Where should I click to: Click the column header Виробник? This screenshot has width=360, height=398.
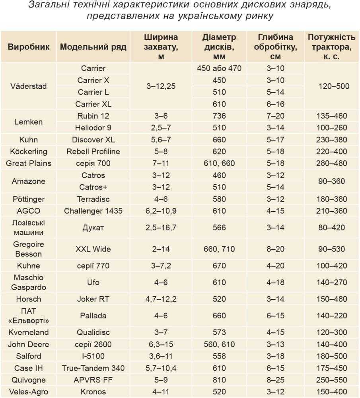[x=29, y=47]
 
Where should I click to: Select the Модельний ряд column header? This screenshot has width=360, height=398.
[x=93, y=47]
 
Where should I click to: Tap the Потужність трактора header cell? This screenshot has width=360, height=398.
[x=332, y=47]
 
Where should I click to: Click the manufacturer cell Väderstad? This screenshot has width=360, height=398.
[x=29, y=86]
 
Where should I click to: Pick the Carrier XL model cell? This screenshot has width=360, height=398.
[x=93, y=104]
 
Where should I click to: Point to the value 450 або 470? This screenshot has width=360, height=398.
[x=219, y=68]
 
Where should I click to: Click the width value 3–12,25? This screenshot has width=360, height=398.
[x=161, y=86]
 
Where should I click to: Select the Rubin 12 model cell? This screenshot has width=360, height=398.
[x=93, y=116]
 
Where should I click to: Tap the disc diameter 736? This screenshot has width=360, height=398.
[x=219, y=116]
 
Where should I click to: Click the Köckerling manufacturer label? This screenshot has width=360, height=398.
[x=29, y=152]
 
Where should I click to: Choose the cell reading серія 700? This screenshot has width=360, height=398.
[x=93, y=163]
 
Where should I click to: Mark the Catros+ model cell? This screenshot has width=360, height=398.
[x=93, y=187]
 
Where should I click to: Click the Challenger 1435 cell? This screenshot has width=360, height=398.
[x=93, y=211]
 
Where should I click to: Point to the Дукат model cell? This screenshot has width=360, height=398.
[x=93, y=228]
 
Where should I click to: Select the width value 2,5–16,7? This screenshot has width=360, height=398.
[x=161, y=228]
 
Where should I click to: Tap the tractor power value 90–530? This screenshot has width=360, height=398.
[x=332, y=249]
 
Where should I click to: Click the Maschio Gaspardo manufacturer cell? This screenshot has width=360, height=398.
[x=29, y=282]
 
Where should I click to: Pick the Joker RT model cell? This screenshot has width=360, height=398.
[x=93, y=299]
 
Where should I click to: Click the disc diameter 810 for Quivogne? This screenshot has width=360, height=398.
[x=219, y=380]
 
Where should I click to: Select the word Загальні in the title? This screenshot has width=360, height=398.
[x=49, y=5]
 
